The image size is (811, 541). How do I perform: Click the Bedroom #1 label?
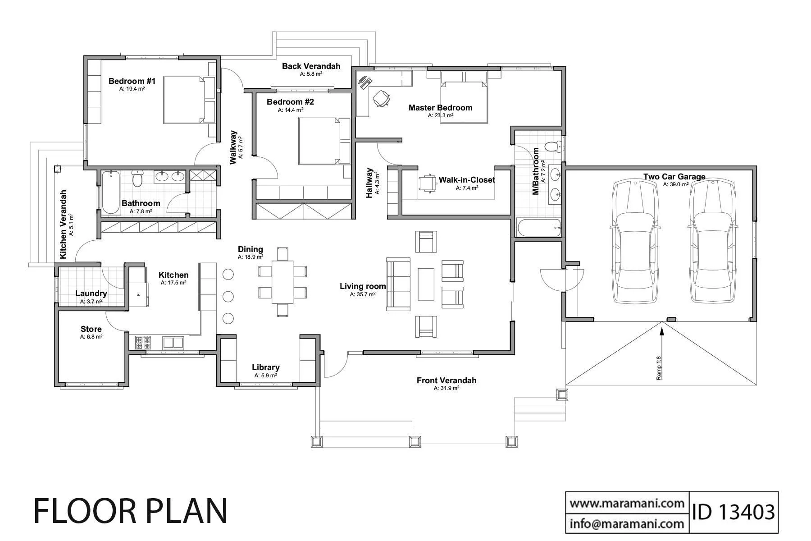point(132,81)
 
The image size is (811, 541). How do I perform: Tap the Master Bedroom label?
point(440,108)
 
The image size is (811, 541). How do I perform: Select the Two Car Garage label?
point(674,177)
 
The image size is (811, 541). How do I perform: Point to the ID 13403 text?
point(733,512)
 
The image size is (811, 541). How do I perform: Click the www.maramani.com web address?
point(627,503)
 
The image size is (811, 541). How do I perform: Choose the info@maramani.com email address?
point(627,523)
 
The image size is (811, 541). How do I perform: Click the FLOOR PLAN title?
point(131,511)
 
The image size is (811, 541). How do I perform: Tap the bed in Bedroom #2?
point(324,141)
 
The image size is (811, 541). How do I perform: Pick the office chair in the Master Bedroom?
point(381,99)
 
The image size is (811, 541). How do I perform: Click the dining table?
point(282,282)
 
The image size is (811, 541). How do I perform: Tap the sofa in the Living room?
point(398,284)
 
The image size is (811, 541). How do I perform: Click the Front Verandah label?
point(446,381)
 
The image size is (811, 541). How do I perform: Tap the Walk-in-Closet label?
point(467,180)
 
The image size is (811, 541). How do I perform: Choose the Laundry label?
point(91,293)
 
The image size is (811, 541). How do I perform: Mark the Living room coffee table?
point(426,284)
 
